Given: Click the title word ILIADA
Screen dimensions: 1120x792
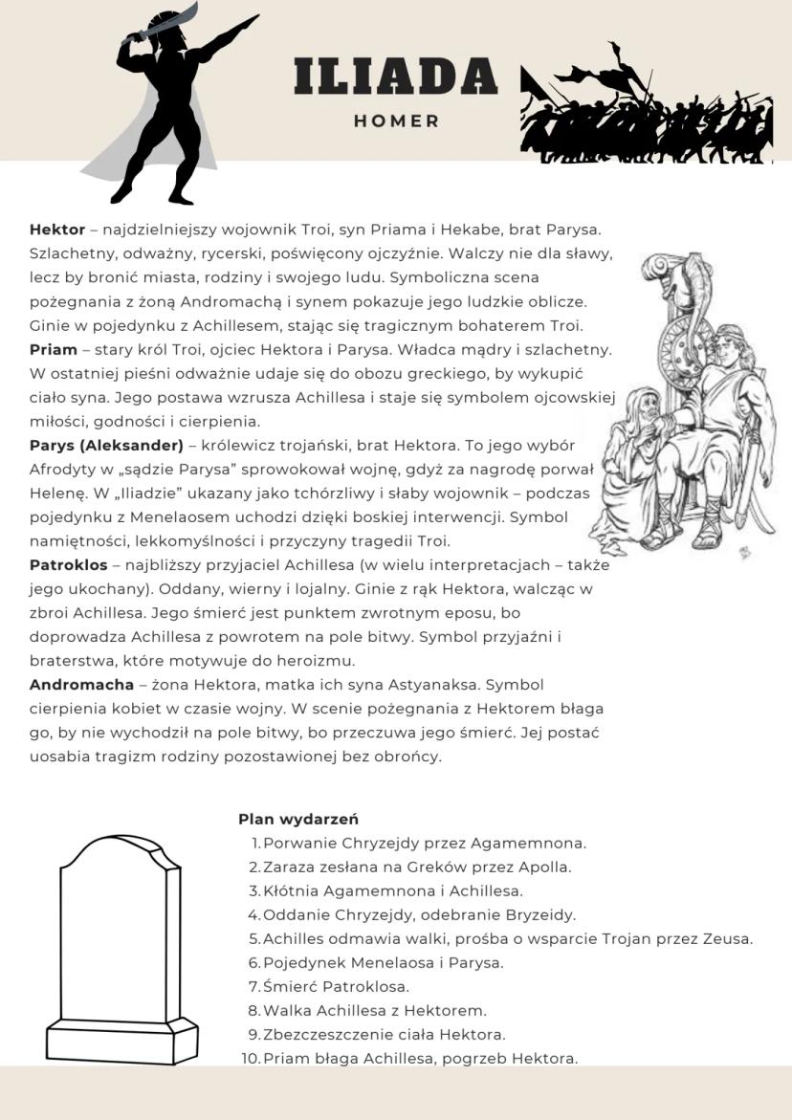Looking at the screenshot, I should [395, 76].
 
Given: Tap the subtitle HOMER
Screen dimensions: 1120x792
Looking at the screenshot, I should [396, 121].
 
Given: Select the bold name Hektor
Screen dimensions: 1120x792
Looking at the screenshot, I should [57, 230].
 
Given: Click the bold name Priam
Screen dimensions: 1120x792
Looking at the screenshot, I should [54, 349].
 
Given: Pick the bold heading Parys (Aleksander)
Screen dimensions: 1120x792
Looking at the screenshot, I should [106, 445].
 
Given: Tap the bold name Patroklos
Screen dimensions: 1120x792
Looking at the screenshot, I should [69, 564].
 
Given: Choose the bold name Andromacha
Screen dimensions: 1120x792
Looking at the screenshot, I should [81, 684].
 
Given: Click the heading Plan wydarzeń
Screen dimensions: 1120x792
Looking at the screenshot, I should [298, 819].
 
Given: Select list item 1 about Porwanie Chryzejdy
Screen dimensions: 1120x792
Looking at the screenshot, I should [424, 843].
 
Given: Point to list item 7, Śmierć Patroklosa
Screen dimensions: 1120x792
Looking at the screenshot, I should [336, 986].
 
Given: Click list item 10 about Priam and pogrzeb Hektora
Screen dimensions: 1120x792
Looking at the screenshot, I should [420, 1058].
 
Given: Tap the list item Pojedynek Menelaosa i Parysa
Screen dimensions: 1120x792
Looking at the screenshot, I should [383, 962].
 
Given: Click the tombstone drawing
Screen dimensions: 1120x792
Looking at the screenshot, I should [121, 947].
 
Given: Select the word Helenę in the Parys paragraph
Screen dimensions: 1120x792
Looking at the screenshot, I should [55, 493].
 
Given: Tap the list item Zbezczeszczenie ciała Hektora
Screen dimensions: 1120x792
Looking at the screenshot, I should [384, 1034].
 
